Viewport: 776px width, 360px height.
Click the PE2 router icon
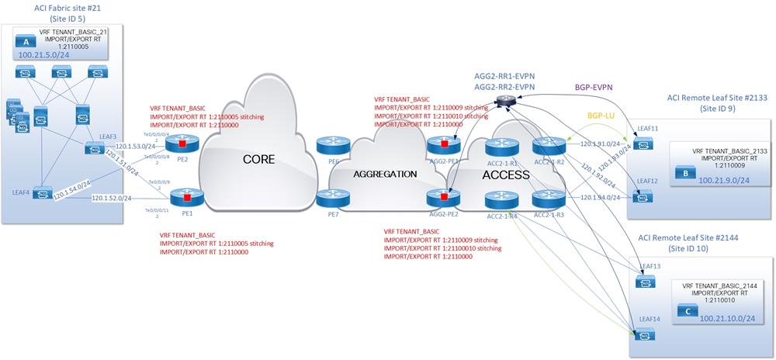182,144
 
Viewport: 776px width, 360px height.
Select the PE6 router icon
328,145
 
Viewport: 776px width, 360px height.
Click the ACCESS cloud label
505,175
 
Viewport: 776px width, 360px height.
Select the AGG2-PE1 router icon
443,144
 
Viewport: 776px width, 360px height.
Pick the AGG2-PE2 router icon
443,194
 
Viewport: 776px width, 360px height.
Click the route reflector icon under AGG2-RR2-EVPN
506,99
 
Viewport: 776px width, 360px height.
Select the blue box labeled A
28,43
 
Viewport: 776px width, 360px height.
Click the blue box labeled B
685,174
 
